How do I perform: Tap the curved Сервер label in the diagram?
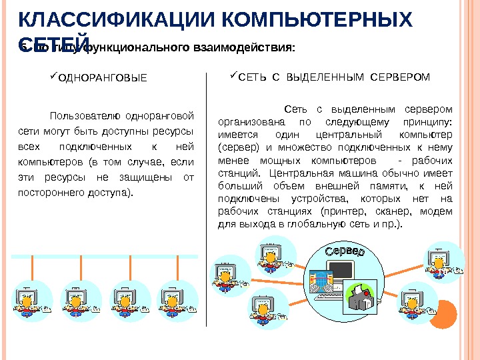tap(345, 254)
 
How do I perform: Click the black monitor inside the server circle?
tap(343, 271)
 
